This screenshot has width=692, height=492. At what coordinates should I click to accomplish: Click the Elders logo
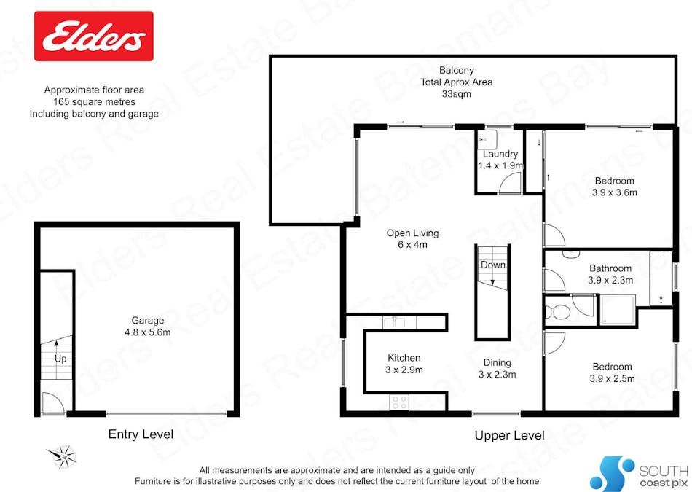click(x=94, y=36)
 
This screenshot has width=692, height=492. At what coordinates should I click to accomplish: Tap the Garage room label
click(x=147, y=320)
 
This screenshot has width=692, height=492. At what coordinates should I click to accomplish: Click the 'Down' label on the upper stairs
click(x=493, y=265)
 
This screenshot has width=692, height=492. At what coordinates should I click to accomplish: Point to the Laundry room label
click(x=500, y=154)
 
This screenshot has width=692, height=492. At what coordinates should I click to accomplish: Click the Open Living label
click(x=412, y=233)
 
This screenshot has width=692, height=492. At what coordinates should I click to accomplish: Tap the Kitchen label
click(x=404, y=358)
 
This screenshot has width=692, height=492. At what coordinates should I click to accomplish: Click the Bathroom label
click(x=610, y=268)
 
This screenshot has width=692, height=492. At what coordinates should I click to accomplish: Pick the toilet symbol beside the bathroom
click(x=558, y=312)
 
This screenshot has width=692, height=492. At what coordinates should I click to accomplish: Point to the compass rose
click(x=63, y=456)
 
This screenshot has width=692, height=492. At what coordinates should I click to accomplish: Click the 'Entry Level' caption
click(x=141, y=434)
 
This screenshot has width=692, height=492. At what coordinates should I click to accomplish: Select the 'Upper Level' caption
click(x=509, y=436)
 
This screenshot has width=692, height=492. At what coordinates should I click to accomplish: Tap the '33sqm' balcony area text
click(x=456, y=94)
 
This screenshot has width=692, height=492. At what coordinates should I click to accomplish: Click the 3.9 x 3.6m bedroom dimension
click(x=613, y=193)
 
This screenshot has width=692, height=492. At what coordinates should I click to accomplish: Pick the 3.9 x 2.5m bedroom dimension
click(x=612, y=378)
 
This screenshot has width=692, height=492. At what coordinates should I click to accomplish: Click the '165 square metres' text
click(x=94, y=102)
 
